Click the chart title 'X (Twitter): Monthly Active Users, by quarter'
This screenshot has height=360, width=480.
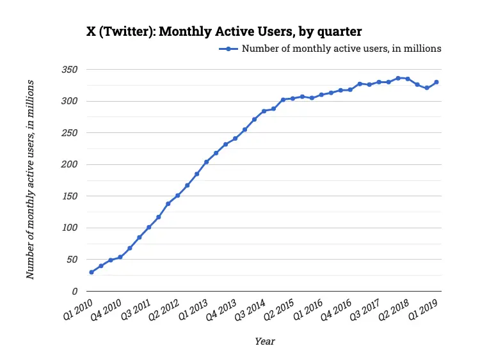(225, 31)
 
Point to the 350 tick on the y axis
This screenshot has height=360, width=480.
(70, 69)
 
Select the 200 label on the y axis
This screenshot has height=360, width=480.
(70, 164)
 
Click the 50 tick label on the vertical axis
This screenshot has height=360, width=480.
(72, 260)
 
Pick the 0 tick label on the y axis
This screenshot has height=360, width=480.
(75, 291)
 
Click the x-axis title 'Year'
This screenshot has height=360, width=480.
(264, 341)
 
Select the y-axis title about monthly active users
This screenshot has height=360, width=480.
(31, 180)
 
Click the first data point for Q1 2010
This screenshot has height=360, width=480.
(92, 272)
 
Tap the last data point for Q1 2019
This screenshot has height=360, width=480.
(436, 82)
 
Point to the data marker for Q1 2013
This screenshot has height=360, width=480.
(206, 162)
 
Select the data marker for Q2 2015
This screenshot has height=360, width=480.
(292, 98)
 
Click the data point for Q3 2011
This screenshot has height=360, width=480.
(149, 227)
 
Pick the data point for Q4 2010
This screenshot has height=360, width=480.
(120, 257)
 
